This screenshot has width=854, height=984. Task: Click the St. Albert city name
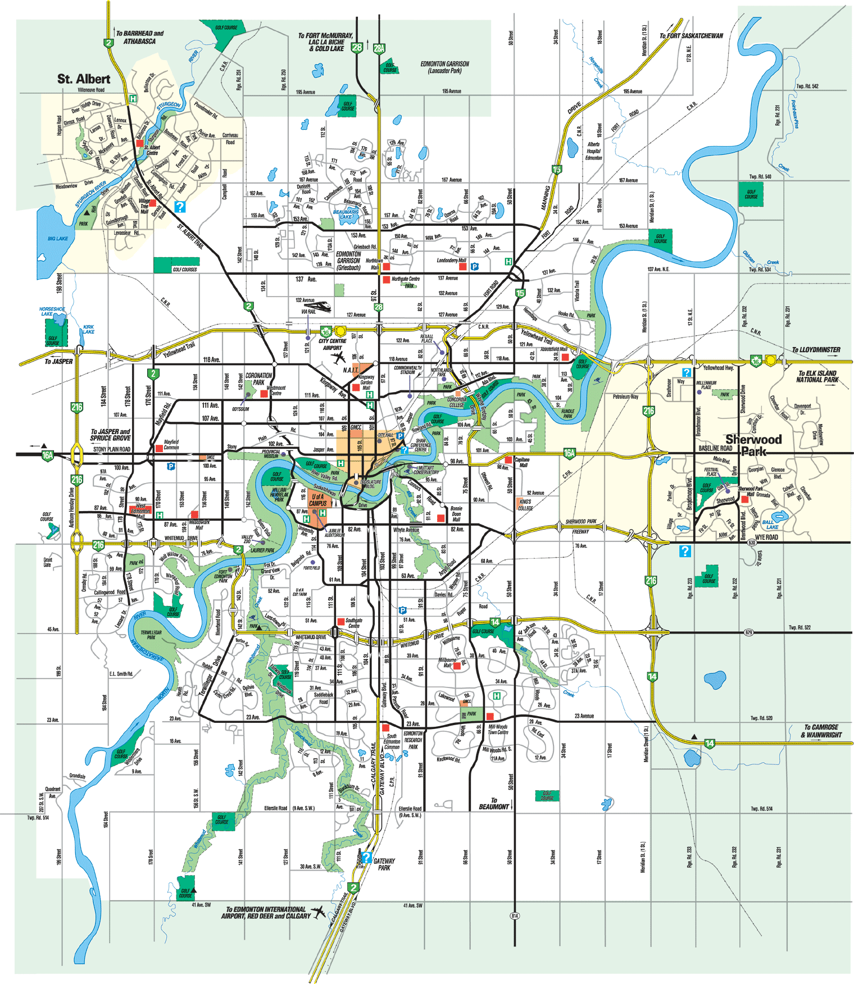point(84,79)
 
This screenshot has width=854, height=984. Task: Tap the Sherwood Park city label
point(753,445)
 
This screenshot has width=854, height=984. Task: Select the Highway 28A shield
point(379,48)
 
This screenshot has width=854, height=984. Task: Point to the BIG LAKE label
point(57,239)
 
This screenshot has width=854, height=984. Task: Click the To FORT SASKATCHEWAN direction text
point(691,36)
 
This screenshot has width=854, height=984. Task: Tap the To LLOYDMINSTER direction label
point(816,350)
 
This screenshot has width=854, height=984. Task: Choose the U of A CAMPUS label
point(318,500)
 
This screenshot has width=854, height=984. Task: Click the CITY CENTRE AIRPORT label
point(332,344)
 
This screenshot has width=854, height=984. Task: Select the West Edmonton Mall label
point(140,511)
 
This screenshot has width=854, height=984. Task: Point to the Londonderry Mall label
point(451,261)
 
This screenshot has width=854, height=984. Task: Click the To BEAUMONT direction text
point(493,804)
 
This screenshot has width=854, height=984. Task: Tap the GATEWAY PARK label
point(384,864)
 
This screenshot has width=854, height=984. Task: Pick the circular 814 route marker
point(515,916)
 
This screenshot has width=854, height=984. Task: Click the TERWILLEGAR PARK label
point(151,635)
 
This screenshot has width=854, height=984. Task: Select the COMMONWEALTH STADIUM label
point(407,370)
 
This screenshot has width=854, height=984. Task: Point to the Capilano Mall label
point(522,462)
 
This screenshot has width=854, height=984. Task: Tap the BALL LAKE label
point(772,525)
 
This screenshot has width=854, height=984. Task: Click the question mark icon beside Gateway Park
point(366,858)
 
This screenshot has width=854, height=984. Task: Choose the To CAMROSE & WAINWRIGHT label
point(821,731)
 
